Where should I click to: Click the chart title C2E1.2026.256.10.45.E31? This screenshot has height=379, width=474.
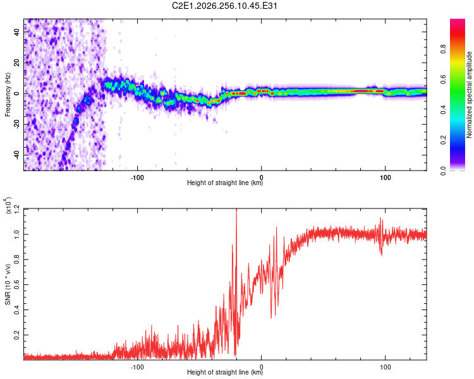click(x=224, y=6)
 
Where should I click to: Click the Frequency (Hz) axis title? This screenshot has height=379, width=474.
click(x=8, y=95)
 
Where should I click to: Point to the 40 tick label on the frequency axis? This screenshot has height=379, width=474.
click(x=16, y=32)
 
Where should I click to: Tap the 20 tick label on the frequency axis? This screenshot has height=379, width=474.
click(x=16, y=63)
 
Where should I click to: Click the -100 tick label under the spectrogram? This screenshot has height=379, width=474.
click(x=137, y=177)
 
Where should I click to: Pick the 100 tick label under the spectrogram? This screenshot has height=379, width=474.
click(x=385, y=177)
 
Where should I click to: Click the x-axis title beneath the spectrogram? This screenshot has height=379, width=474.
click(x=225, y=183)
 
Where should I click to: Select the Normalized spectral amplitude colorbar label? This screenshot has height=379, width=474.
click(x=469, y=95)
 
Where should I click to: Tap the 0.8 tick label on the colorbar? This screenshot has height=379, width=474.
click(x=443, y=49)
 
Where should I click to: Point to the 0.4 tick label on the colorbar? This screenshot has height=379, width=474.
click(x=443, y=110)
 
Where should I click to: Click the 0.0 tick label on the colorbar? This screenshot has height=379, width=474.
click(x=443, y=171)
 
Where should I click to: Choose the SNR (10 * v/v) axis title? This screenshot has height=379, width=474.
click(x=8, y=284)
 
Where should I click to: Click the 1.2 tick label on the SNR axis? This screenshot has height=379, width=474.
click(x=16, y=209)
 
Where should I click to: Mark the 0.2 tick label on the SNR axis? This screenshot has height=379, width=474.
click(x=16, y=335)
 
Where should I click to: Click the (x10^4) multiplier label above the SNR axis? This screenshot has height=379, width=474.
click(x=8, y=205)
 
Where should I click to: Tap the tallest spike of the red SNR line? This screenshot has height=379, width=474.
click(x=236, y=210)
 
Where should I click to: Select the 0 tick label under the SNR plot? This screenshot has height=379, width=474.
click(x=262, y=367)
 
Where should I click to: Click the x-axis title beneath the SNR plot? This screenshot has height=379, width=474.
click(x=225, y=372)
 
